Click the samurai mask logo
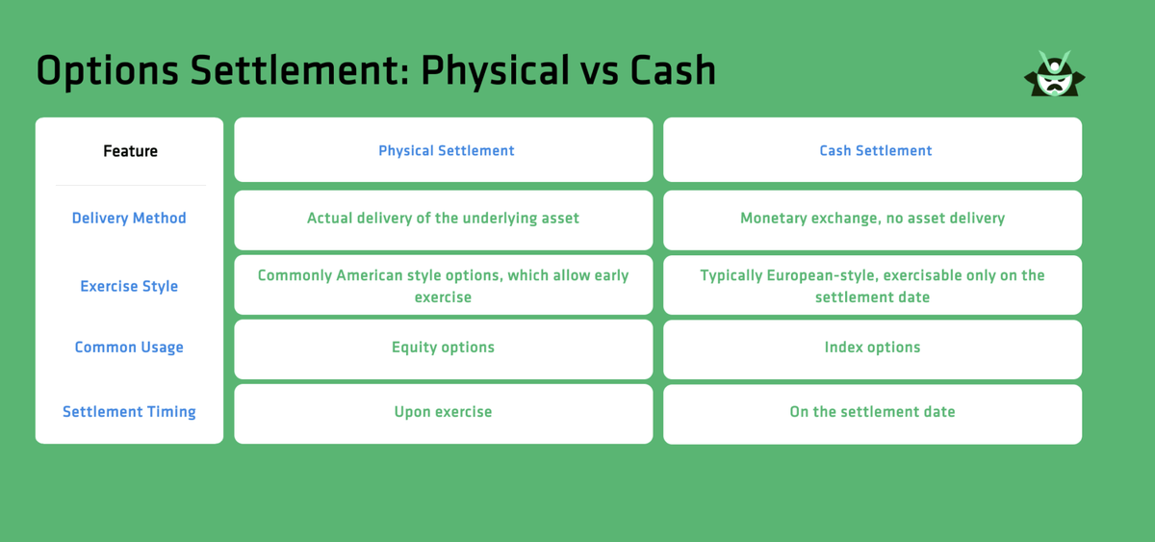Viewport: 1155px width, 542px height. (x=1054, y=74)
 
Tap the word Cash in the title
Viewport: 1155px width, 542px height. (x=673, y=71)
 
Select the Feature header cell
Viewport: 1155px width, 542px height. (x=130, y=151)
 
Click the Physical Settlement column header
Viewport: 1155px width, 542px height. (x=446, y=151)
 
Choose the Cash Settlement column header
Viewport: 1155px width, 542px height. (x=875, y=151)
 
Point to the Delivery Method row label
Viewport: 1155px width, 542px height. (x=129, y=219)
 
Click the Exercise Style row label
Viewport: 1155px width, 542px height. (x=129, y=286)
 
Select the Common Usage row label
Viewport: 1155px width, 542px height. (x=129, y=348)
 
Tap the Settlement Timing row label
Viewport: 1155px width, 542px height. (x=129, y=412)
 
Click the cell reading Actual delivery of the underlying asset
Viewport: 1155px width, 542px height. (x=443, y=219)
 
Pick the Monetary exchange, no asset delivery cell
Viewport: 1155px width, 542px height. (x=872, y=219)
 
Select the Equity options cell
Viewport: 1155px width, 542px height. (x=443, y=348)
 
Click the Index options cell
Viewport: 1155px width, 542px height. (x=872, y=348)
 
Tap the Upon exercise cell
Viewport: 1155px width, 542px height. (x=443, y=412)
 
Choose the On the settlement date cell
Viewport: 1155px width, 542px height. (x=872, y=412)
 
